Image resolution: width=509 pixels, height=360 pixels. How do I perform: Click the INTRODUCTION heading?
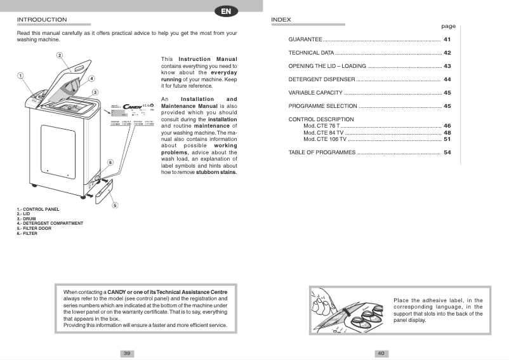(x=42, y=20)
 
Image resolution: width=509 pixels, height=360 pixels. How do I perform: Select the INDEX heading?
(x=281, y=20)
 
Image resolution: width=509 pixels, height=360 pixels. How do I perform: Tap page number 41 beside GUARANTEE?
(x=447, y=39)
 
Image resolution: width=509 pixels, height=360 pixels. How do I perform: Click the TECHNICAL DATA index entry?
(x=311, y=53)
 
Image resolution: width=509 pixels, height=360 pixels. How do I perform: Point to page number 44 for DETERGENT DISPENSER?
(x=447, y=79)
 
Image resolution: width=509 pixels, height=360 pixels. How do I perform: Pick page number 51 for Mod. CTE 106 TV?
(x=447, y=139)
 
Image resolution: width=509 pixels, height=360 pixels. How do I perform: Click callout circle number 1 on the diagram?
(x=20, y=75)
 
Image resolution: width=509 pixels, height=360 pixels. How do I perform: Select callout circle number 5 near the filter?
(x=114, y=205)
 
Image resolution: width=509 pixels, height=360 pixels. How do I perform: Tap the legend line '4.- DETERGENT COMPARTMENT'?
(x=50, y=223)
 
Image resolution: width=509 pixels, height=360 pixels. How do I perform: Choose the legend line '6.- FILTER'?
(x=27, y=234)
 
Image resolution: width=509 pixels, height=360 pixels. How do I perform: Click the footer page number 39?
(x=127, y=353)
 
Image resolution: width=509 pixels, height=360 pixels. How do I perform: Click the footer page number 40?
(x=381, y=353)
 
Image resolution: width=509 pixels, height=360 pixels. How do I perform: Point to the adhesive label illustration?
(x=348, y=310)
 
